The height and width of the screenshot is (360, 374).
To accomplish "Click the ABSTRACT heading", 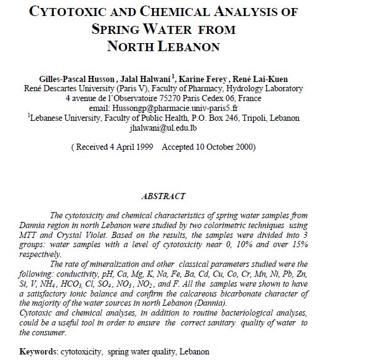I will pyautogui.click(x=163, y=196).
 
